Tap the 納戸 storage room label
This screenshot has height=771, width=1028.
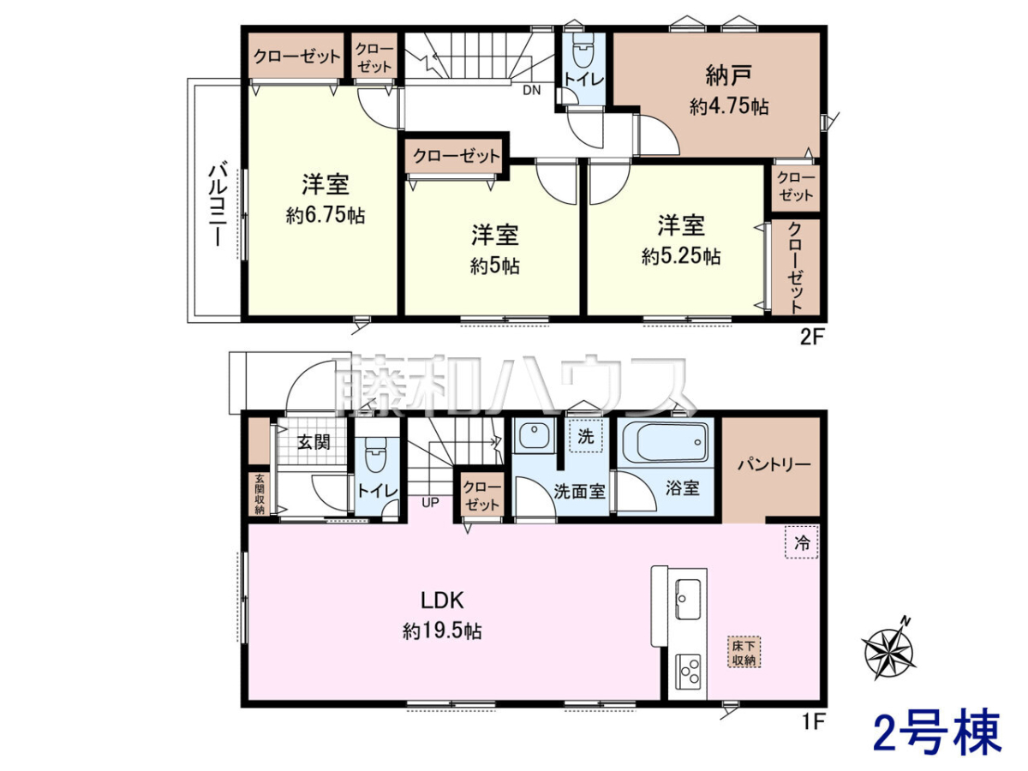click(729, 75)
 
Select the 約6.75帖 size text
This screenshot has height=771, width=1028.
click(326, 215)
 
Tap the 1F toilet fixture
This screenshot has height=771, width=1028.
click(374, 454)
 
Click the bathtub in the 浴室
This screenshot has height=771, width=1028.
click(665, 442)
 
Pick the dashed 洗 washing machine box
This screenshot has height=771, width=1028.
click(585, 436)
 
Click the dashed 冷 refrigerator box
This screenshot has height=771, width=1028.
click(801, 541)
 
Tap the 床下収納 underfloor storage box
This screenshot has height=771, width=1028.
click(744, 652)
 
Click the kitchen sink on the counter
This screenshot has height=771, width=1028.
click(688, 599)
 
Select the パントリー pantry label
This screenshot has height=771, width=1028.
click(774, 464)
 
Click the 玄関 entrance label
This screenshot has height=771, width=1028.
click(314, 441)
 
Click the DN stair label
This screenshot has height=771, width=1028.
click(532, 90)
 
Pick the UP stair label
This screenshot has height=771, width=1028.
click(430, 503)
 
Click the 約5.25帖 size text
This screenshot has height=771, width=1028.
click(681, 256)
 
